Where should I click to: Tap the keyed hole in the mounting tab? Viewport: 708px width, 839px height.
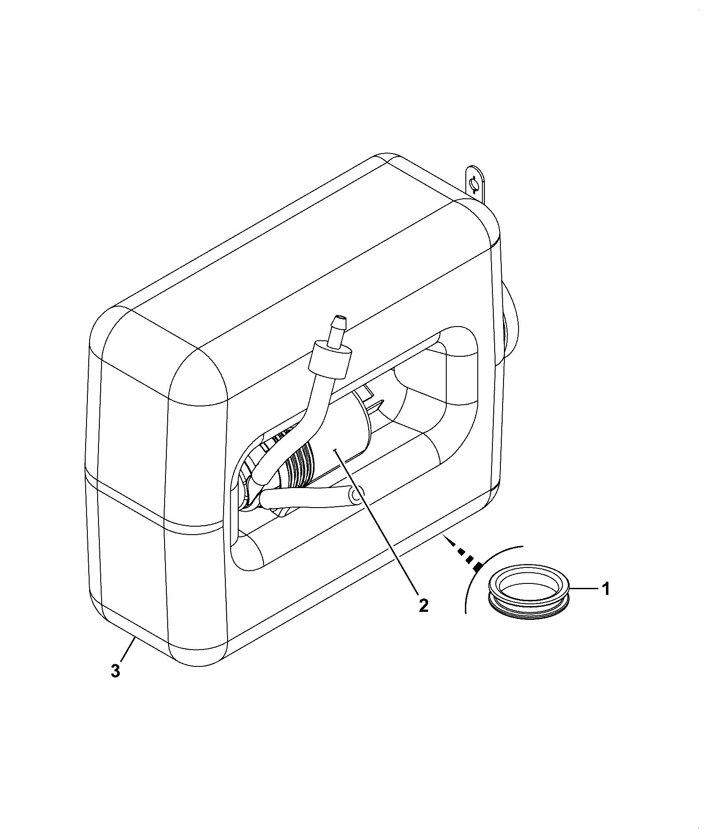pos(474,183)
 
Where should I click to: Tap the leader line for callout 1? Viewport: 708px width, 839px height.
pos(585,589)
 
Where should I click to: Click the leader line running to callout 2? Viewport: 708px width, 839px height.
pos(375,523)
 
